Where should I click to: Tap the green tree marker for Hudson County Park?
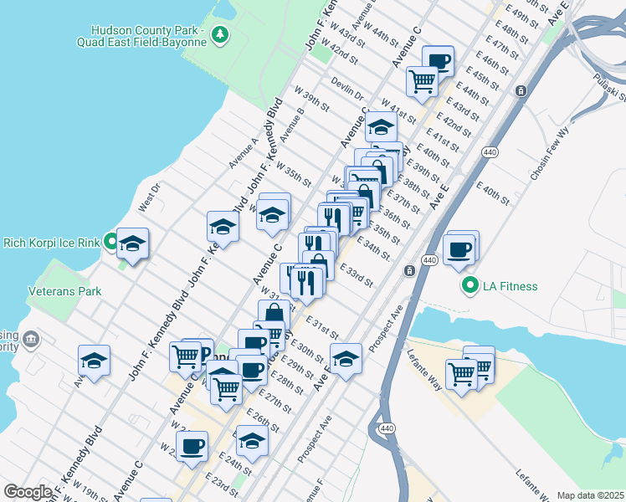[x=219, y=34]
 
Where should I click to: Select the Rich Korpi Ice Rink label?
[x=51, y=243]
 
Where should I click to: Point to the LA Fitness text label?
[x=511, y=287]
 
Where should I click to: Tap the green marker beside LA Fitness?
[x=469, y=286]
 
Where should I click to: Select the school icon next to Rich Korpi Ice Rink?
[x=132, y=244]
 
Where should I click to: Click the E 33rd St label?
[x=356, y=274]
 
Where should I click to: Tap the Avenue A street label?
[x=243, y=153]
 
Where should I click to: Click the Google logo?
[x=28, y=492]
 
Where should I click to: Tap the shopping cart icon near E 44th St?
[x=423, y=82]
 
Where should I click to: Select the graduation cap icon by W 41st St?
[x=381, y=128]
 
